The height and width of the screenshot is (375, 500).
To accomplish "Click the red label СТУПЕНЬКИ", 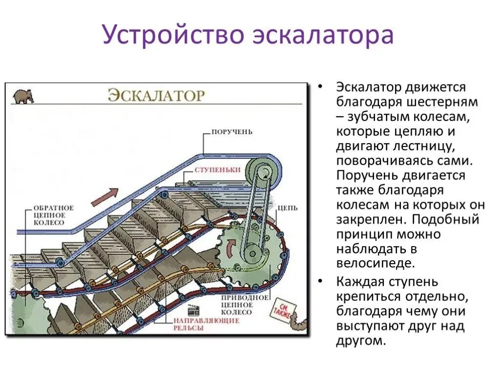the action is click(x=217, y=169).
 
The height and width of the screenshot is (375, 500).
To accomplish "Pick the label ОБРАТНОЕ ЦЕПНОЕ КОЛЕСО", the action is click(x=54, y=215).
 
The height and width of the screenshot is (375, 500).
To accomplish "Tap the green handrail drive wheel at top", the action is click(x=264, y=171).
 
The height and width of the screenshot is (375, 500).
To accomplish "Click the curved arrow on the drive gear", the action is click(x=231, y=247).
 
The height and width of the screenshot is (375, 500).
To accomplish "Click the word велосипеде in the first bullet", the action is click(x=375, y=264).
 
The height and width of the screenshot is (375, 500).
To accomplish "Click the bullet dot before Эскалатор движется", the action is click(x=320, y=87).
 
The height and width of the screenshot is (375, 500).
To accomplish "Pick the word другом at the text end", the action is click(x=360, y=340).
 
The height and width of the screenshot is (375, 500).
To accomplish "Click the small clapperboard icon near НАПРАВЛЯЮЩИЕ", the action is click(x=194, y=311).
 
